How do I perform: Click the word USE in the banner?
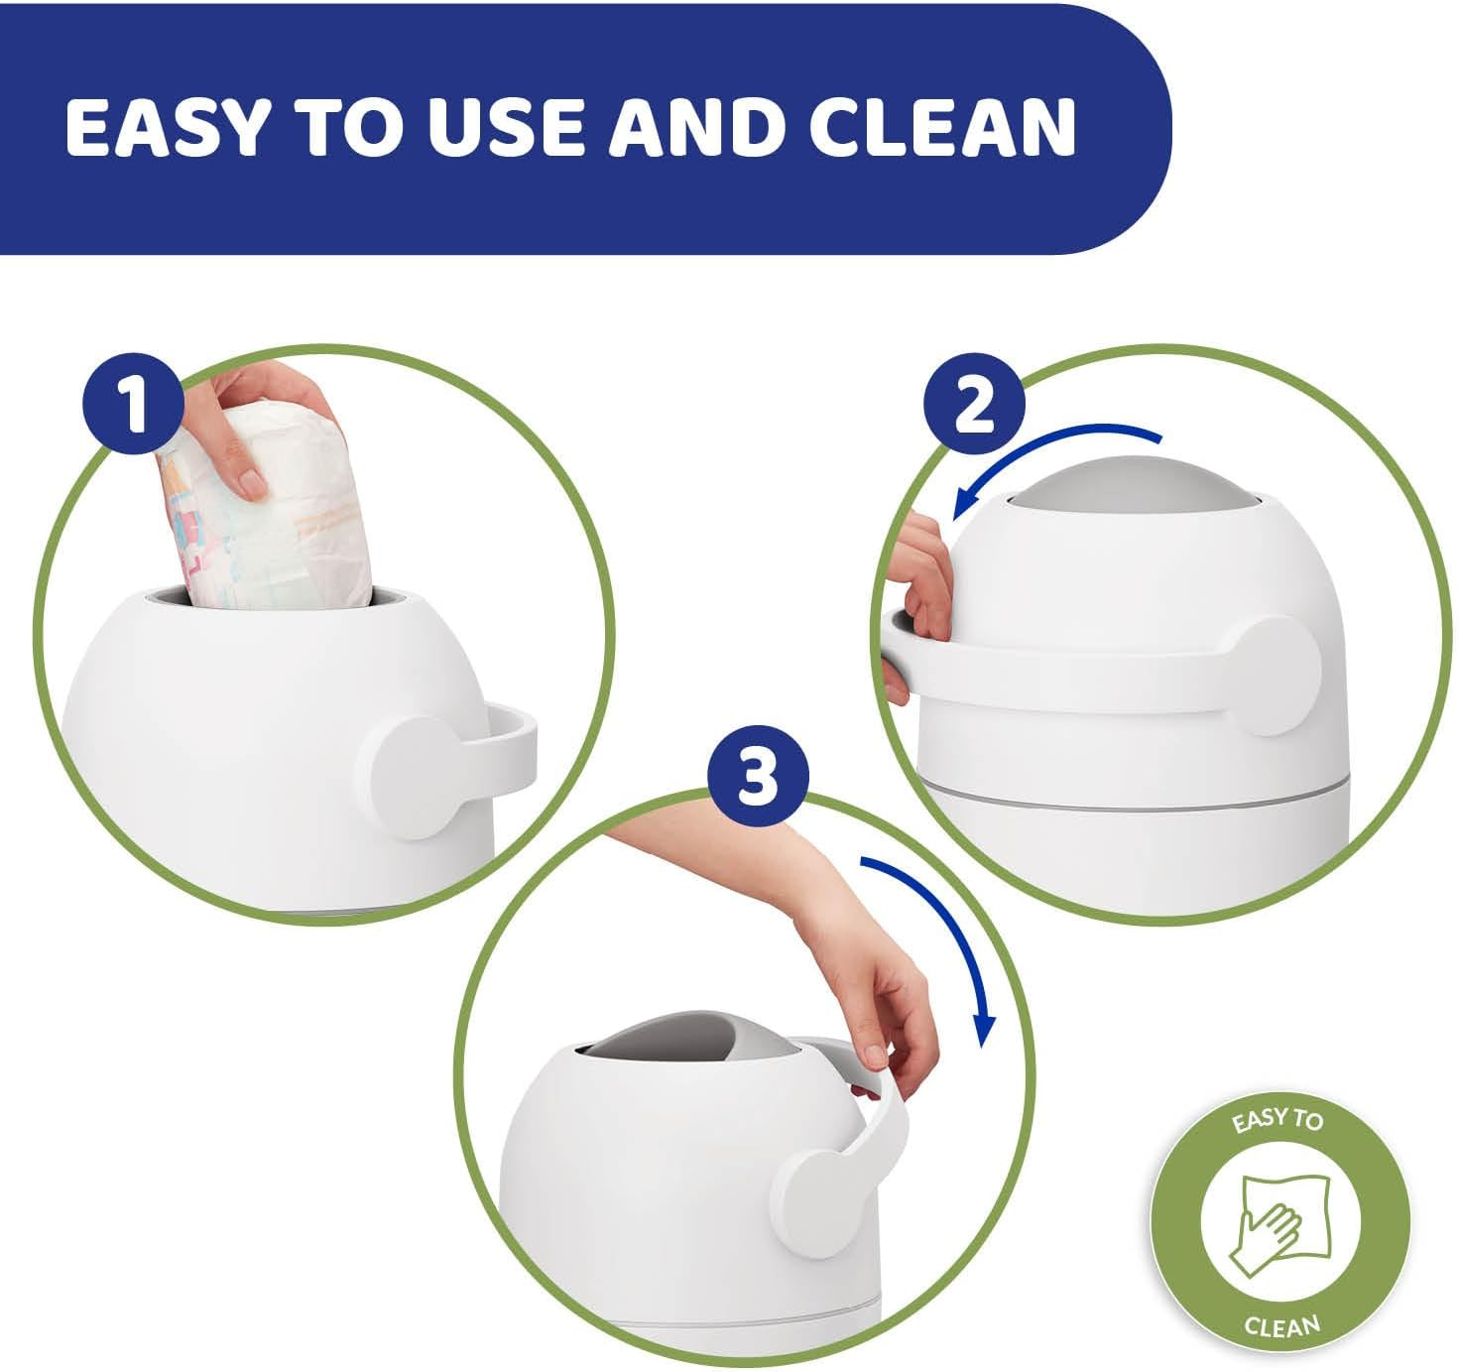[506, 127]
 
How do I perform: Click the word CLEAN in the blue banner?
[942, 127]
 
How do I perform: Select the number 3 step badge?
[759, 777]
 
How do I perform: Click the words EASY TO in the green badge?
[1277, 1121]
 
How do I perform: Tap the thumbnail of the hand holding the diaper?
[258, 437]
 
